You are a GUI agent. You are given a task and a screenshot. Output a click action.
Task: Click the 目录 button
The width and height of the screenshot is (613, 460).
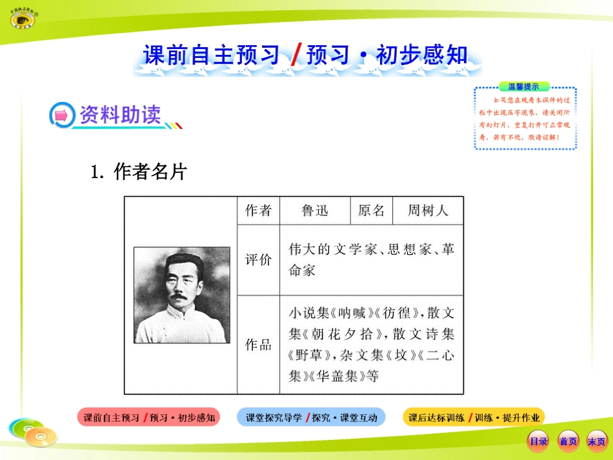click(538, 441)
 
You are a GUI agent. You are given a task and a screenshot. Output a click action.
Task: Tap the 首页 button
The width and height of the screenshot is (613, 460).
click(568, 441)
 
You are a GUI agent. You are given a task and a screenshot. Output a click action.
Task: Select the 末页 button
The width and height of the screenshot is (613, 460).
click(596, 441)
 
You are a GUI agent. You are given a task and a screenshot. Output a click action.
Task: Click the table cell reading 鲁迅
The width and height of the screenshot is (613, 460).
click(314, 210)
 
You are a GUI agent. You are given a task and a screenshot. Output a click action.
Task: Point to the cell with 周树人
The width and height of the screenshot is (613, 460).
click(427, 210)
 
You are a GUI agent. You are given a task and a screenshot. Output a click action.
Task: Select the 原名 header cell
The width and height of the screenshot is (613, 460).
click(370, 210)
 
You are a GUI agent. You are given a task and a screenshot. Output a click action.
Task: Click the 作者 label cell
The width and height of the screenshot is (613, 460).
click(258, 210)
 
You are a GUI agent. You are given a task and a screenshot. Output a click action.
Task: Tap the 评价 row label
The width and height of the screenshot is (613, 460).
click(258, 259)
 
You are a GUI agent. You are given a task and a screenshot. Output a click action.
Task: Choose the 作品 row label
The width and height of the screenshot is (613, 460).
click(258, 345)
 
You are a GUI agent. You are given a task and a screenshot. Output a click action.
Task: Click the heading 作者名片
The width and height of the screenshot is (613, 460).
click(149, 172)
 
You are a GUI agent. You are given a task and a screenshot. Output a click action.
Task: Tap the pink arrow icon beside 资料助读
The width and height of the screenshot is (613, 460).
click(62, 115)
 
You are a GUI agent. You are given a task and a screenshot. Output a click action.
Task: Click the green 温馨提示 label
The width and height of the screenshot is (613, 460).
click(523, 86)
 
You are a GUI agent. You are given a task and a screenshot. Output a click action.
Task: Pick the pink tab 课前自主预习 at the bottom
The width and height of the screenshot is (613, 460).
click(149, 417)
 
